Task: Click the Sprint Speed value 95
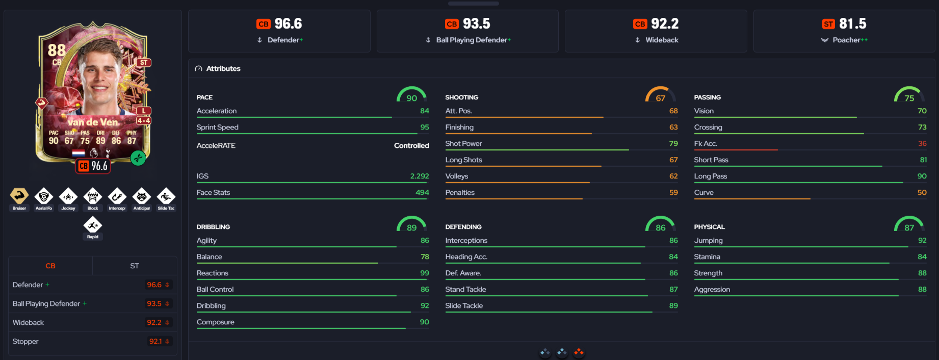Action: (425, 127)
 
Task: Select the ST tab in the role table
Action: (135, 266)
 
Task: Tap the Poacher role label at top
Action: (846, 40)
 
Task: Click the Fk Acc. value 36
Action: (922, 143)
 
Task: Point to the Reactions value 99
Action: (425, 273)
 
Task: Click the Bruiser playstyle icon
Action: (19, 196)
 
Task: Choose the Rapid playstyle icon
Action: (93, 224)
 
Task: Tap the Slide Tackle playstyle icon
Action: (166, 196)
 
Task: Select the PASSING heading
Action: (707, 97)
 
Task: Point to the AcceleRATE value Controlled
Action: (411, 145)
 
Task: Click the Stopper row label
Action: (25, 341)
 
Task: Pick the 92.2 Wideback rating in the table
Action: (154, 322)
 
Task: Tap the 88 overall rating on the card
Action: (57, 50)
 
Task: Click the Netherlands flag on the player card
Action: (79, 153)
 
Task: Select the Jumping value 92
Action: (922, 240)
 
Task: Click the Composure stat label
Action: (216, 322)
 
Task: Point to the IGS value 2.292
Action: (420, 176)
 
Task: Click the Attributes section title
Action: (223, 68)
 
